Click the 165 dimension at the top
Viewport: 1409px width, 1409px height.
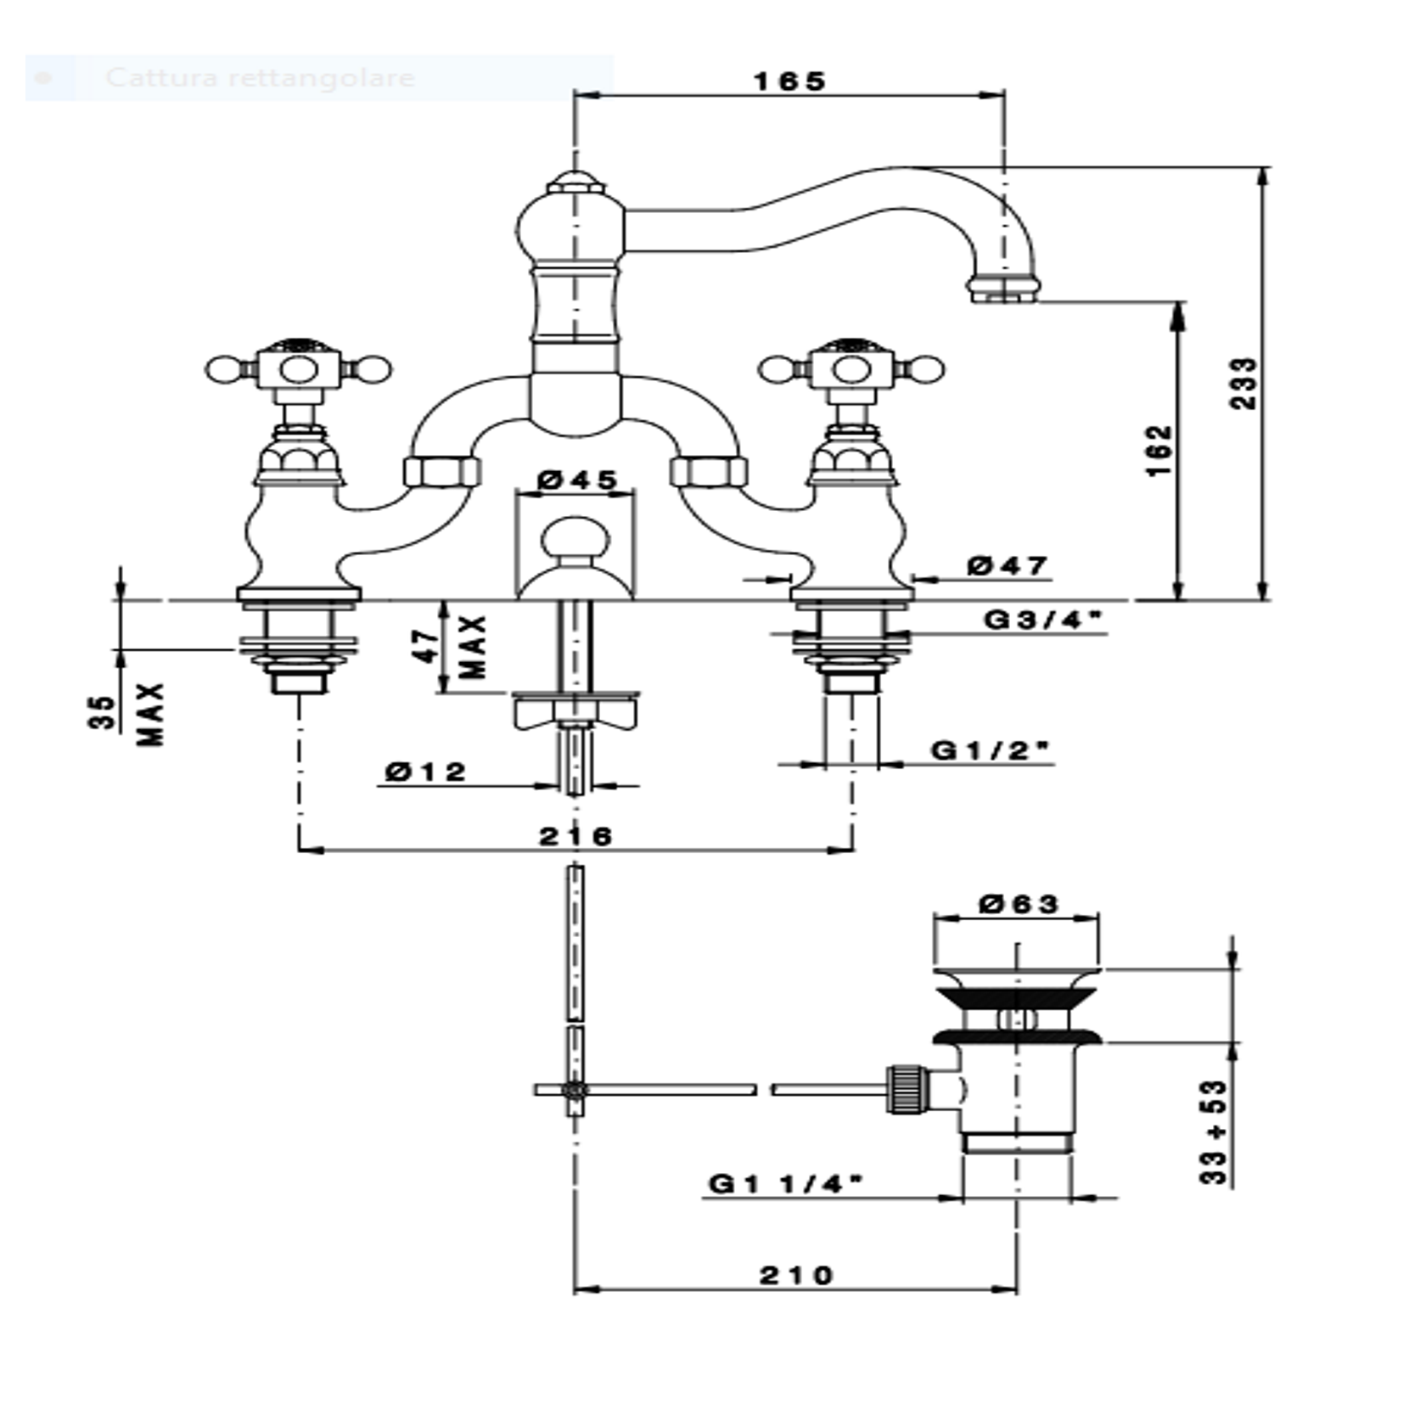click(789, 81)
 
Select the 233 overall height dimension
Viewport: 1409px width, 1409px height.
click(1243, 384)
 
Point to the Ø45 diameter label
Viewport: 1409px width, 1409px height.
click(577, 480)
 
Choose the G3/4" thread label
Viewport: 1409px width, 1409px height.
click(1042, 620)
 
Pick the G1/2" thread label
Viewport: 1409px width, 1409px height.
click(990, 750)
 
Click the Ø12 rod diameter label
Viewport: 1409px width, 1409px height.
click(425, 772)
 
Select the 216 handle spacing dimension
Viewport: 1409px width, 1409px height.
click(575, 836)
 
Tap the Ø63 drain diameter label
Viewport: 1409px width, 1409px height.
click(1018, 903)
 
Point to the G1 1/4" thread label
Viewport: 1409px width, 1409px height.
click(785, 1182)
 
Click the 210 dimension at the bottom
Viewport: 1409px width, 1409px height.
click(796, 1275)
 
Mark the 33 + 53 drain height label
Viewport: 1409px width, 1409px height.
click(1215, 1131)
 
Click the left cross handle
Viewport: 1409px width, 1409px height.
click(298, 370)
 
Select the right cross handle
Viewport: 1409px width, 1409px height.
click(850, 370)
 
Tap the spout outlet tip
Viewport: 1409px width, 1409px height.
click(1004, 289)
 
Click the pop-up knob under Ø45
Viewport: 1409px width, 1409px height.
click(575, 541)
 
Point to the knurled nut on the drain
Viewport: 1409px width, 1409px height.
click(902, 1088)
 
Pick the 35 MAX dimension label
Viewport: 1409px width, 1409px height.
click(127, 713)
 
